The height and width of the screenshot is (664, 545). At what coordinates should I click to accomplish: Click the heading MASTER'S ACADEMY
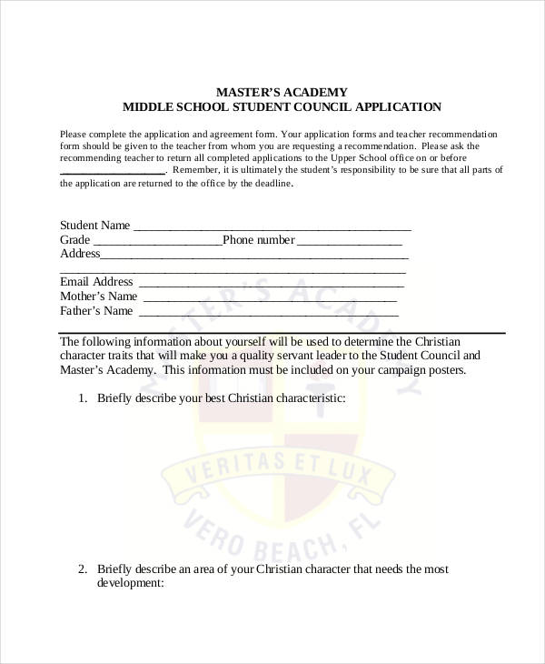point(281,92)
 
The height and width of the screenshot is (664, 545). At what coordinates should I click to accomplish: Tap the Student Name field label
point(94,226)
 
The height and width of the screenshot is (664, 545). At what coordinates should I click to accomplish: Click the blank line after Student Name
point(272,227)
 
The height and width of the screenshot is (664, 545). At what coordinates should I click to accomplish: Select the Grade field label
point(74,240)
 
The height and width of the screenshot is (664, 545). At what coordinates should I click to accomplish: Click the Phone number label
point(259,240)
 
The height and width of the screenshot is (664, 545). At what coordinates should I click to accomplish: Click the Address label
point(79,254)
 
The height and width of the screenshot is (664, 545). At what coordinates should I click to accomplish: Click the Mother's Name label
point(98,297)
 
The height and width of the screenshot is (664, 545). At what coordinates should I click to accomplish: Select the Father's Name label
point(96,311)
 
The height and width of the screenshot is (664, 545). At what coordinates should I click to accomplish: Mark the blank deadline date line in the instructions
point(112,171)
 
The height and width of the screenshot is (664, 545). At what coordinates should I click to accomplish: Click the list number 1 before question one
point(82,398)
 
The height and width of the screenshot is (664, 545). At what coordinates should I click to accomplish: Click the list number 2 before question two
point(82,569)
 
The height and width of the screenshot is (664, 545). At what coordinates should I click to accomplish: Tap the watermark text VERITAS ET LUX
point(281,463)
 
